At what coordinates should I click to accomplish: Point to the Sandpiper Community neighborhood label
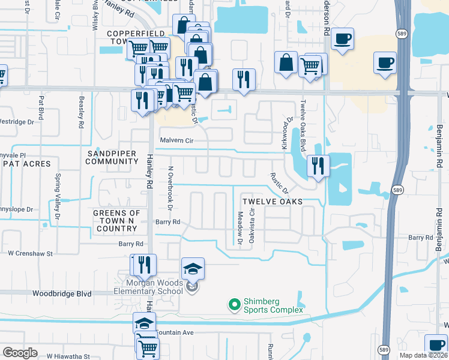[112, 157]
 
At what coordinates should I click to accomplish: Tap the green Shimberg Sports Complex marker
[234, 305]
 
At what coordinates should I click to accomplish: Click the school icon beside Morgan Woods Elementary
[193, 269]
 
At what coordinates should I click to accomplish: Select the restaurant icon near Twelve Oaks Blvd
[318, 166]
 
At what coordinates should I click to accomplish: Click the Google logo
[20, 353]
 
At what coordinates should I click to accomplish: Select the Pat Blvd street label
[41, 106]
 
